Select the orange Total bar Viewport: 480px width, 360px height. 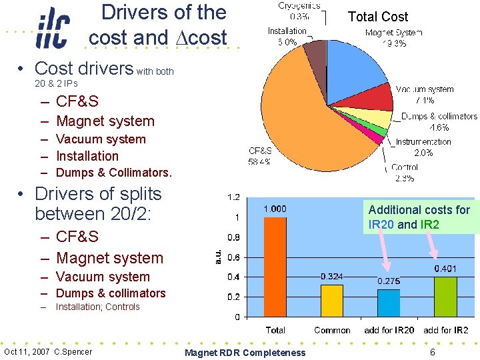click(x=275, y=267)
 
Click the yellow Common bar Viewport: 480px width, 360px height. click(x=331, y=300)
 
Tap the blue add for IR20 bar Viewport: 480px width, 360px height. click(x=389, y=303)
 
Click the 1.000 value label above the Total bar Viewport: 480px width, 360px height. click(x=275, y=209)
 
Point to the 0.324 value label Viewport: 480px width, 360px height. click(x=332, y=276)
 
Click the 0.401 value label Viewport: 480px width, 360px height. click(x=446, y=269)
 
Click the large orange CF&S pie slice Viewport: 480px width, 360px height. click(x=313, y=120)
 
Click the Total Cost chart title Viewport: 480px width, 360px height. click(x=378, y=17)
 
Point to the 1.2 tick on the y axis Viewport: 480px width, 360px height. click(x=233, y=197)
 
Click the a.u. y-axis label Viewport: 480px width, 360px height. click(x=217, y=256)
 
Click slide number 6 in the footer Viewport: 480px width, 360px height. click(x=433, y=352)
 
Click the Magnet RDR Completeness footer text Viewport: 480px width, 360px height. click(x=245, y=353)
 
